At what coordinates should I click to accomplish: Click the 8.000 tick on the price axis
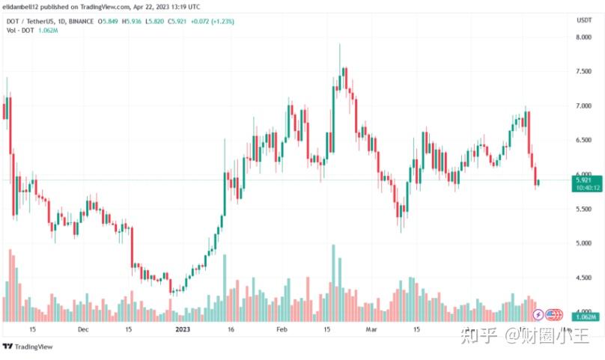584,36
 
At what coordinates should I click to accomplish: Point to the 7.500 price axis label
584,71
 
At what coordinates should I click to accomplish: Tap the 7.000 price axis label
584,106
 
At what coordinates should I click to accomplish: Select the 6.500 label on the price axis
584,140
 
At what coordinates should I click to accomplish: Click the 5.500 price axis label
584,209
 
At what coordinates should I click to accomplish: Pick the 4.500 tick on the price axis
584,278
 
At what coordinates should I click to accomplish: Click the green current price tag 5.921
584,180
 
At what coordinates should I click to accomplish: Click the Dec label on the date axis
83,329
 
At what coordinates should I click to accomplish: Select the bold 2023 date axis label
182,329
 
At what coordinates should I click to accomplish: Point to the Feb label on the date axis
282,329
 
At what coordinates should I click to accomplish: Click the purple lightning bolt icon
538,314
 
